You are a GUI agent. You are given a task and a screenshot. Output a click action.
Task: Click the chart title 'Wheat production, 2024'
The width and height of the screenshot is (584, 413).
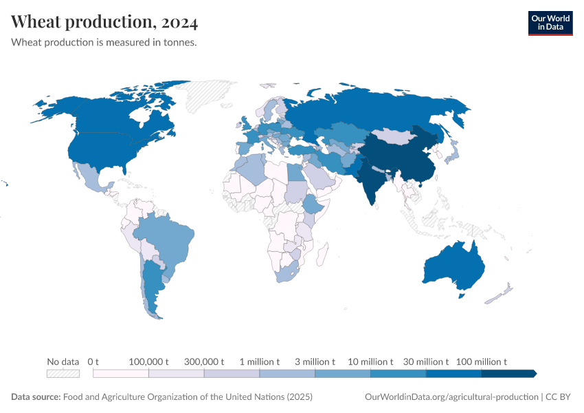(104, 23)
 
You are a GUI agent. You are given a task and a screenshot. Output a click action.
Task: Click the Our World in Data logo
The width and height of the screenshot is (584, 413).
(550, 22)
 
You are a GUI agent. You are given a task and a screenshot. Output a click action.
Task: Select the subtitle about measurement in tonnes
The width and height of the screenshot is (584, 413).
(104, 43)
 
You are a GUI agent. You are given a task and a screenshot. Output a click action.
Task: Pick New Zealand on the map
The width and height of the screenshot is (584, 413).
(500, 293)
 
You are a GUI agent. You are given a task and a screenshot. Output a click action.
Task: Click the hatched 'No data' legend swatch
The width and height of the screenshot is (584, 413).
(63, 374)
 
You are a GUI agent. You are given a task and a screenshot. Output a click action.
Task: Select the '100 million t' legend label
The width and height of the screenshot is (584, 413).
(481, 361)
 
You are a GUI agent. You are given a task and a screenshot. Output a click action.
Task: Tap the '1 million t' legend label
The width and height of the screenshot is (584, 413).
(260, 361)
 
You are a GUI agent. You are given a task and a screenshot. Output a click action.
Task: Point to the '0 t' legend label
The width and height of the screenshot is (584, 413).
(93, 361)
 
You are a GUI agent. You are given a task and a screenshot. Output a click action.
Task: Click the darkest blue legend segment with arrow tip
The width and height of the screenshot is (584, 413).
(508, 374)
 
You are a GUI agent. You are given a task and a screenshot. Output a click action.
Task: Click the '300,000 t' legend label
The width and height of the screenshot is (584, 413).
(204, 361)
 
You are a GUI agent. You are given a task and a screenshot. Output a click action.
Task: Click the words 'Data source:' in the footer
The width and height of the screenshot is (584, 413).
(35, 397)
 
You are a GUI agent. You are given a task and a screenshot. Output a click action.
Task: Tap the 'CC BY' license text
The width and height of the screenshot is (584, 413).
(559, 397)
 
